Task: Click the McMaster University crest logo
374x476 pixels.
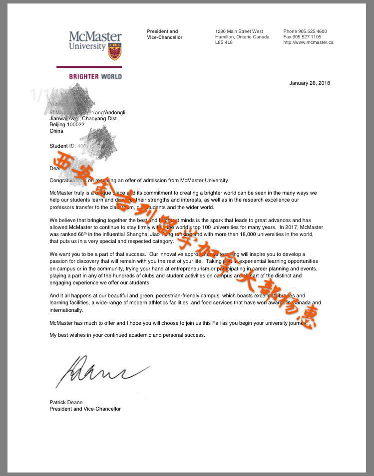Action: (x=114, y=51)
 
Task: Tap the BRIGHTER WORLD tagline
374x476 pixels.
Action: (x=95, y=77)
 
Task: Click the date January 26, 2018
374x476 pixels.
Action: (x=310, y=83)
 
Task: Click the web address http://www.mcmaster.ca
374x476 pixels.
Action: (x=308, y=42)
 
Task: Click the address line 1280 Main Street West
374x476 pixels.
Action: (x=239, y=31)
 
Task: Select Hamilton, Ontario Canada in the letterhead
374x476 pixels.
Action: (x=242, y=37)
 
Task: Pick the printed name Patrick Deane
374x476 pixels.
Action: (x=66, y=402)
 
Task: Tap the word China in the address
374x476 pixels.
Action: (x=56, y=131)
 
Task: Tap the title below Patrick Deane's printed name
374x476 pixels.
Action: (x=85, y=409)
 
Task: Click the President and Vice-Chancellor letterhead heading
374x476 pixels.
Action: (x=164, y=34)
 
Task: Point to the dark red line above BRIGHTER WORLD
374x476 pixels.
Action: (x=89, y=67)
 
